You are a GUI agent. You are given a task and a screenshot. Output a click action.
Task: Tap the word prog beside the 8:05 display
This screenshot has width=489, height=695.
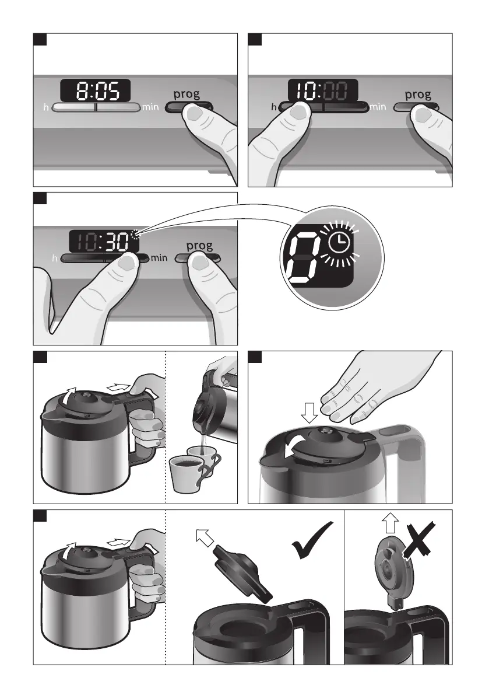point(187,94)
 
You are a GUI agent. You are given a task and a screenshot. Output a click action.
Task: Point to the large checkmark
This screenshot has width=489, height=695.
point(312,539)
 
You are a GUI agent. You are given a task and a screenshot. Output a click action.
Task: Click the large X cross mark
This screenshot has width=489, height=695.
point(418,539)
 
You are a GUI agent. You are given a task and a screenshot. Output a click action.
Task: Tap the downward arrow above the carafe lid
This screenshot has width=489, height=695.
point(309,413)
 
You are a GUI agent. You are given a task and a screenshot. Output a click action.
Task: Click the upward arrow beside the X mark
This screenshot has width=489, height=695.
point(391,523)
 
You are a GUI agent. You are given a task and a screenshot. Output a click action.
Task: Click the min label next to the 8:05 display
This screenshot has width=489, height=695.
point(150,107)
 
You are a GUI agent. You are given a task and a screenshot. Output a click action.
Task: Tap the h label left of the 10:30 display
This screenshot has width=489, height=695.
point(55,258)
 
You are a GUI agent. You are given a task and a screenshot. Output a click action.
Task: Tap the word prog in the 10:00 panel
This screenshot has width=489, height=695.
point(418,95)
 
